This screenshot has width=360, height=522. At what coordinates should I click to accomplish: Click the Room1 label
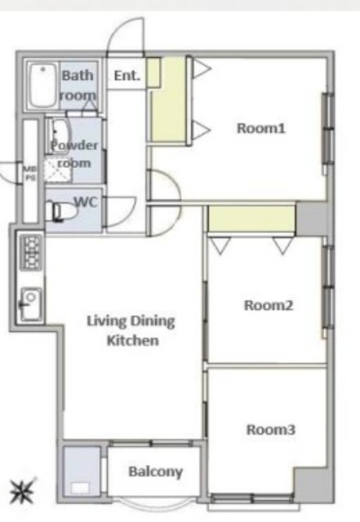click(x=261, y=128)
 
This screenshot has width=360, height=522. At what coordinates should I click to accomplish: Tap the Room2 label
click(x=269, y=305)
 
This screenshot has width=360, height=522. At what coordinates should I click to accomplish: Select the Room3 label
click(x=271, y=430)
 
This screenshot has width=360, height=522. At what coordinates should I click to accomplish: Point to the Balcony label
click(x=156, y=472)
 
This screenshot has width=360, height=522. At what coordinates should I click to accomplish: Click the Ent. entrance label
click(x=127, y=76)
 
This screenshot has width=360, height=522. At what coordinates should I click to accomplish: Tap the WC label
click(x=86, y=201)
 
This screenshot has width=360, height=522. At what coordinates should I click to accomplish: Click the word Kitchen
click(x=133, y=341)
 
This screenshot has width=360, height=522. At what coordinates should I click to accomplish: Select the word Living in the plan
click(x=107, y=321)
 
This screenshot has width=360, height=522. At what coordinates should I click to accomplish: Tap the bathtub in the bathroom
click(x=42, y=85)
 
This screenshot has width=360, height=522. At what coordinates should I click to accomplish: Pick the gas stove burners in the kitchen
click(x=31, y=252)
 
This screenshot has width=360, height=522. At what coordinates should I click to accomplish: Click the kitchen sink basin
click(x=31, y=303)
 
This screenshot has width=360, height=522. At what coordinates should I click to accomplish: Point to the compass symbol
click(x=21, y=492)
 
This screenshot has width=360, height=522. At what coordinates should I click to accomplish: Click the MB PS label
click(x=30, y=173)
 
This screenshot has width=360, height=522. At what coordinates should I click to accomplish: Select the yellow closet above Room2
click(x=251, y=219)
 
